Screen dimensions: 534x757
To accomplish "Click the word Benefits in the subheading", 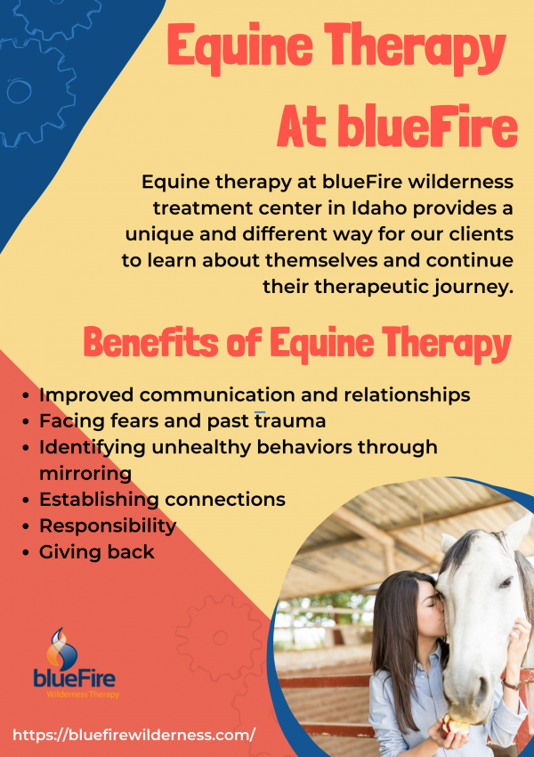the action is pyautogui.click(x=151, y=341).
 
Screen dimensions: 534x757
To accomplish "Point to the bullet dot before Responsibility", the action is pyautogui.click(x=26, y=525).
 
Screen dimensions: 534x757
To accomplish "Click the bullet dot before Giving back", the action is pyautogui.click(x=26, y=552).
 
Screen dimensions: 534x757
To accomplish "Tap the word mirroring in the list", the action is pyautogui.click(x=85, y=473).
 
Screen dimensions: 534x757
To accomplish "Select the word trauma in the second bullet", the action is pyautogui.click(x=290, y=420).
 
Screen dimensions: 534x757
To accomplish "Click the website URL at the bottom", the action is pyautogui.click(x=133, y=735).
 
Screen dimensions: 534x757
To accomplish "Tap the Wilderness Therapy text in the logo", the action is pyautogui.click(x=83, y=695).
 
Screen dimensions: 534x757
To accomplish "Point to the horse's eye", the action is pyautogui.click(x=505, y=582).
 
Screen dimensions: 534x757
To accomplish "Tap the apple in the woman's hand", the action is pyautogui.click(x=456, y=725).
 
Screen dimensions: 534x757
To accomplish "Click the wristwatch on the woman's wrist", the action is pyautogui.click(x=513, y=684).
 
